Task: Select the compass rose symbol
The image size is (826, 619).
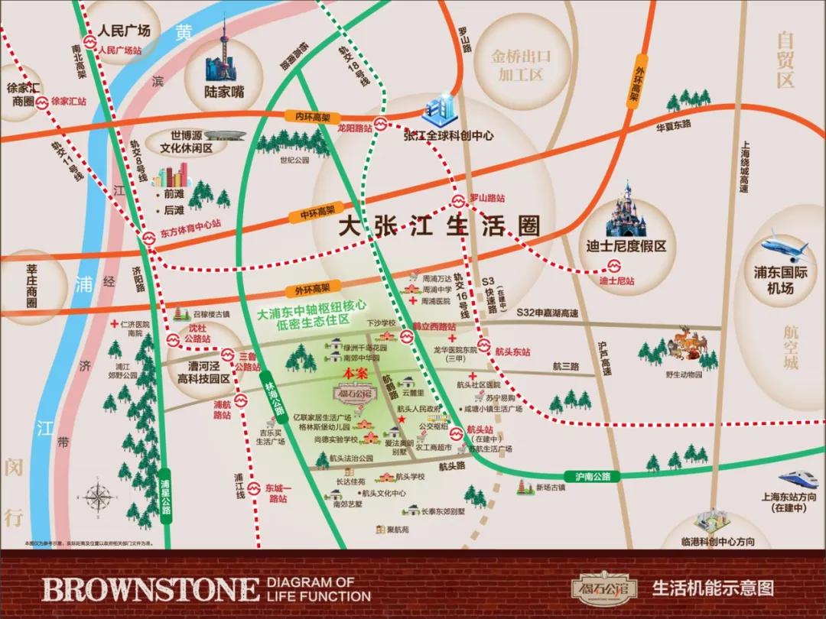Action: [x=99, y=497]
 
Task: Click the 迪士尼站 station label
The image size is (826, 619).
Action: [x=616, y=281]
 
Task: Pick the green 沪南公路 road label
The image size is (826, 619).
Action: [x=591, y=476]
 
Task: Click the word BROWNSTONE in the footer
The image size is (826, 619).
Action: [x=150, y=589]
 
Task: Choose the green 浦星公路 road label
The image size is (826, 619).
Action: [x=164, y=488]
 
